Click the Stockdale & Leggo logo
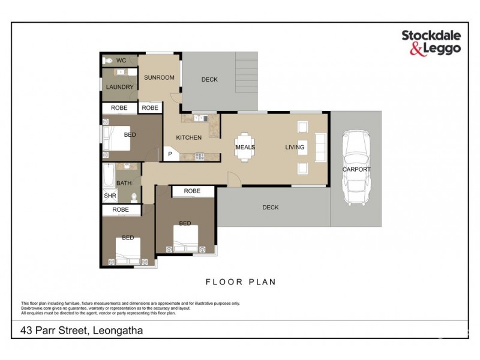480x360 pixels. click(x=431, y=43)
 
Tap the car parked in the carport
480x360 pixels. click(x=356, y=168)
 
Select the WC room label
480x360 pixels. click(x=121, y=61)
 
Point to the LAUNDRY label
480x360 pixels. click(x=119, y=87)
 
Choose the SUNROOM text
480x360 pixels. click(x=159, y=77)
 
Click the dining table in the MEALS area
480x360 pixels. click(x=245, y=147)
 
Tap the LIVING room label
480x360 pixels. click(x=295, y=147)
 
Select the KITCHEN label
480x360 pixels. click(x=188, y=138)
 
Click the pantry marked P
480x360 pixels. click(x=170, y=154)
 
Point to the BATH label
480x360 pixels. click(x=124, y=183)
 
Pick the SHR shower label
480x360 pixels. click(x=109, y=196)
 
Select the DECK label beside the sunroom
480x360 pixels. click(x=209, y=79)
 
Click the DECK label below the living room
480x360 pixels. click(x=271, y=208)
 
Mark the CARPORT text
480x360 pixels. click(x=356, y=169)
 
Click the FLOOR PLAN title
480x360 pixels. click(x=240, y=281)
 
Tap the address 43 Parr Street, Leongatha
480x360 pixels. click(x=83, y=330)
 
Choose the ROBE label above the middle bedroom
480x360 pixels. click(x=192, y=191)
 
